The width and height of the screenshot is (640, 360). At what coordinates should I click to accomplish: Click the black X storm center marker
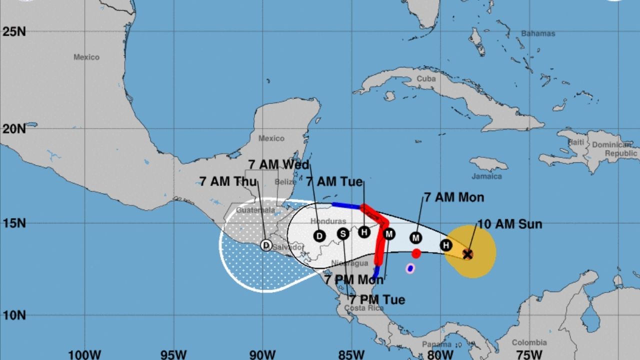[467, 254]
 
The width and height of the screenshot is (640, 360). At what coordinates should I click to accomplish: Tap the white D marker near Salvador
[266, 245]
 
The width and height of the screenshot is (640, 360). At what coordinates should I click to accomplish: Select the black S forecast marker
[342, 233]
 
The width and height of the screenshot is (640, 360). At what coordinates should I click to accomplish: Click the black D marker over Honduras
[319, 236]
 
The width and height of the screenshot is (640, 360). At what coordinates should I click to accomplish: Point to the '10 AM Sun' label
[509, 224]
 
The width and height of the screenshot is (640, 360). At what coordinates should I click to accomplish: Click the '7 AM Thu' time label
[228, 181]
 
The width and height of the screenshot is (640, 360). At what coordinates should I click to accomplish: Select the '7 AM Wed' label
[278, 164]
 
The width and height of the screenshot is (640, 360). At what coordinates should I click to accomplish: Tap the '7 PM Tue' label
[377, 299]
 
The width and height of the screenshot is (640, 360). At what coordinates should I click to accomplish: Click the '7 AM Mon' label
[454, 197]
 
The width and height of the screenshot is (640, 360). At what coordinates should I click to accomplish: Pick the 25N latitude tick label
[14, 31]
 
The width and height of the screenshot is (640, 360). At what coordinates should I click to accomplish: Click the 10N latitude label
[14, 315]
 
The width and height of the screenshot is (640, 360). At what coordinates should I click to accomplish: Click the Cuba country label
[426, 78]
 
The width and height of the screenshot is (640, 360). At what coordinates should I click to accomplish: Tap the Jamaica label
[486, 176]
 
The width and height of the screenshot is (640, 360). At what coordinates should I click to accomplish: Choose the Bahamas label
[538, 33]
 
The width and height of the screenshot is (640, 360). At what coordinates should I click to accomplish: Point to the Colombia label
[529, 342]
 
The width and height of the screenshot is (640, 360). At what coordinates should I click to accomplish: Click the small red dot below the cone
[416, 253]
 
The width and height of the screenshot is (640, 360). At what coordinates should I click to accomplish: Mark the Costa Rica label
[363, 308]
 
